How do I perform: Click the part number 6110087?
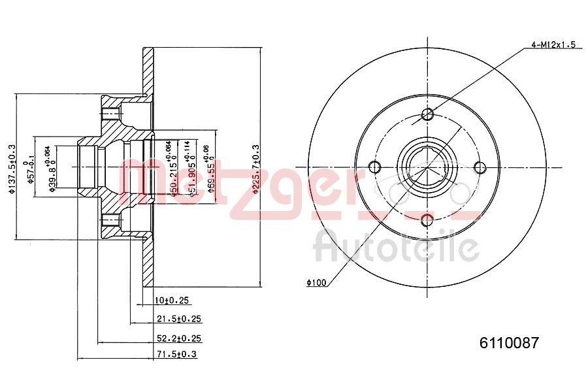tap(509, 342)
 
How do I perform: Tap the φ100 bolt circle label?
tap(316, 282)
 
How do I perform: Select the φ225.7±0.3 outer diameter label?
tap(255, 169)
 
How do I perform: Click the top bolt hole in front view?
tap(428, 116)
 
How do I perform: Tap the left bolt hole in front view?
tap(376, 167)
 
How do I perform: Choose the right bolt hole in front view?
tap(480, 167)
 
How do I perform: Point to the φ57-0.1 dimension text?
tap(30, 172)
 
